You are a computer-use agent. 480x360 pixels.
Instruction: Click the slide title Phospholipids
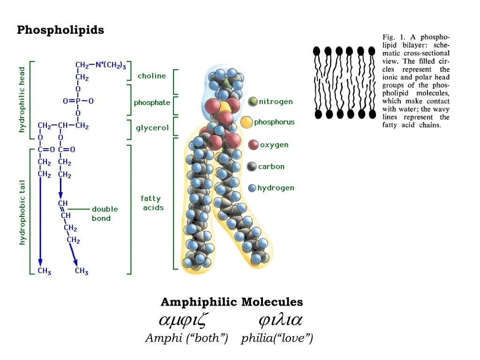tap(60, 30)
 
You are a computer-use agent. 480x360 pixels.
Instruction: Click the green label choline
tap(151, 76)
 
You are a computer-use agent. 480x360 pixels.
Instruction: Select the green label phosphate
tap(152, 103)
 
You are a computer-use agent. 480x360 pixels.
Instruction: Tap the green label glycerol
tap(152, 128)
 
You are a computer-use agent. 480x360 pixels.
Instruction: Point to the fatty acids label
tap(153, 203)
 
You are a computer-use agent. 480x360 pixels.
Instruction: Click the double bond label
tap(105, 213)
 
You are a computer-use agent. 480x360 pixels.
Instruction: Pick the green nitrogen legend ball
tap(253, 101)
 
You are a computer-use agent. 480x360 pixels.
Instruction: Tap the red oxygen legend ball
tap(253, 145)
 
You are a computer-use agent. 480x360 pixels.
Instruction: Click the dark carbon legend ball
tap(252, 166)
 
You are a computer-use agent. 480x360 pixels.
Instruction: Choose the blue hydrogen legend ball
tap(252, 188)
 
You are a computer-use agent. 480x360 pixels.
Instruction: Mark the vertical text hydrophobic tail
tap(22, 212)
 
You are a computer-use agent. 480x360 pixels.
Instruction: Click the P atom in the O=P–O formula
tap(78, 101)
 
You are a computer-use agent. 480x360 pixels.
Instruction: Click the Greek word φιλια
tap(280, 321)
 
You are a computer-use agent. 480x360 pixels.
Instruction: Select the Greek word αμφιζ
tap(183, 321)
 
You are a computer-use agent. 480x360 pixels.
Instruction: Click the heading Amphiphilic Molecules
tap(232, 302)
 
